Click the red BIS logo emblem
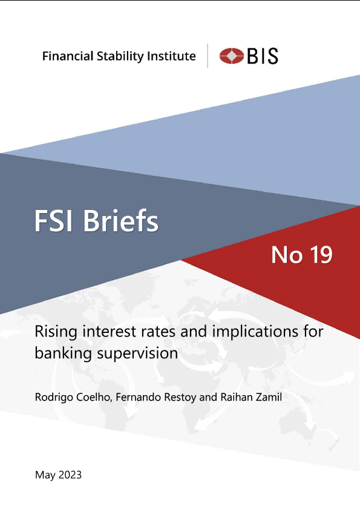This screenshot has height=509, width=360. point(232,56)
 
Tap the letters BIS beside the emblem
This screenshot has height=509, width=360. point(263,56)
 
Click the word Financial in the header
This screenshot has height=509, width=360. point(68,56)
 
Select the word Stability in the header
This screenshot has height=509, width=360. point(120,56)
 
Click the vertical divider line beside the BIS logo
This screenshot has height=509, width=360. point(208,56)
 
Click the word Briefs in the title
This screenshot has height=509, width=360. point(121,220)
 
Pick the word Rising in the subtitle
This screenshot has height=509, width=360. point(56,332)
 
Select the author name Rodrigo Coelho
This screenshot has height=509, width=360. point(73,397)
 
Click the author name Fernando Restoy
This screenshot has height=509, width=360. point(156,397)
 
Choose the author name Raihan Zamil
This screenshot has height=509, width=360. point(251,397)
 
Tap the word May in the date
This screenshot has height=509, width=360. point(45,475)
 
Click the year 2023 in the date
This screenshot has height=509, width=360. point(70,475)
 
